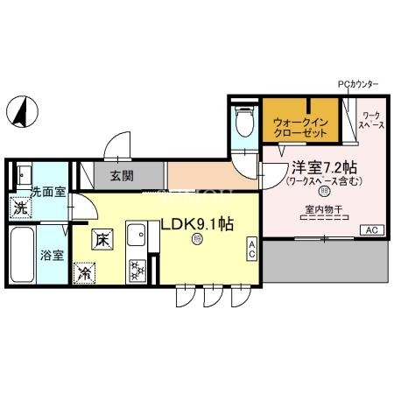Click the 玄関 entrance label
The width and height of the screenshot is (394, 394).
pos(122,175)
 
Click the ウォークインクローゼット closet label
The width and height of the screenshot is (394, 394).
pos(300,128)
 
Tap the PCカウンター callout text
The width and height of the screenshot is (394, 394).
pos(358,84)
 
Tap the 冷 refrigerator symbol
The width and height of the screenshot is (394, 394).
pos(86,273)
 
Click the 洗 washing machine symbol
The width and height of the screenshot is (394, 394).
pos(20,210)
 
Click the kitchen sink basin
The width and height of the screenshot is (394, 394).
pos(136,236)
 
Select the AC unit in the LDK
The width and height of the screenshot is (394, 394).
pos(251,248)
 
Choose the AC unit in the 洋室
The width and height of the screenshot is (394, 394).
pos(370,229)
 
